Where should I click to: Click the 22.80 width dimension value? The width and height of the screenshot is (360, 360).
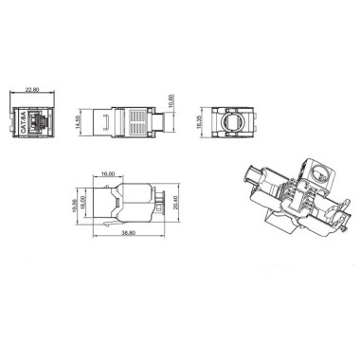click(x=33, y=91)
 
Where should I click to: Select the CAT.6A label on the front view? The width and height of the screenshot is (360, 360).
click(x=23, y=122)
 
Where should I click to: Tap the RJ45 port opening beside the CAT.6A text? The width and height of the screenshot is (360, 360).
click(x=40, y=122)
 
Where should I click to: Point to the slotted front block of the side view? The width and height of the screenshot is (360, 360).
click(x=109, y=122)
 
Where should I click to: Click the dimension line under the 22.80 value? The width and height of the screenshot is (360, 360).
click(x=33, y=97)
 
